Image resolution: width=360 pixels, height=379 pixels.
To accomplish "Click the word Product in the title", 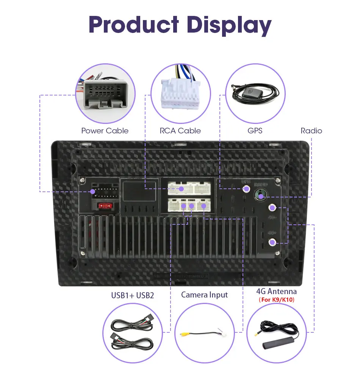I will (133, 25).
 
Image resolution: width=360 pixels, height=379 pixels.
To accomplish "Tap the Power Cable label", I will (105, 131).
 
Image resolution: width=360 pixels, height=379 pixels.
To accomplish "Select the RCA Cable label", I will (180, 131).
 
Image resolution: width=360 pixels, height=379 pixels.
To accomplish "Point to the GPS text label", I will (255, 131).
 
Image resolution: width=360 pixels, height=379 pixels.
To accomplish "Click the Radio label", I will (311, 131).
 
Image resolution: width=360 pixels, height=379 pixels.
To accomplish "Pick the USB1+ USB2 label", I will (132, 295).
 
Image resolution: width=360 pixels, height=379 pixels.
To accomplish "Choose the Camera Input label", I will (204, 294).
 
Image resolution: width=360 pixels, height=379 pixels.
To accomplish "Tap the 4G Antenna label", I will (276, 291).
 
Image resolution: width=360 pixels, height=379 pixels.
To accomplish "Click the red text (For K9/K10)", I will (276, 300).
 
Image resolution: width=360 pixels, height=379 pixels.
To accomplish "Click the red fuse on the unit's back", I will (105, 206).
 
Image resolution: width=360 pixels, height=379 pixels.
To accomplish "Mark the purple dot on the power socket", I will (92, 192).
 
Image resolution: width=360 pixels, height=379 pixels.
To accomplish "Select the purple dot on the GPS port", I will (247, 188).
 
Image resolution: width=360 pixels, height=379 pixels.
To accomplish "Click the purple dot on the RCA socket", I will (182, 188).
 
